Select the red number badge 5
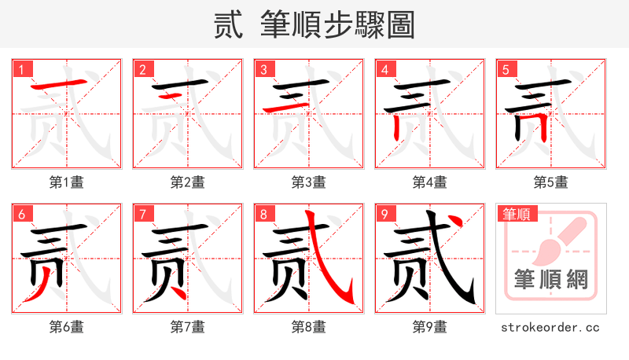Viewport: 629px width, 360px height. pos(506,69)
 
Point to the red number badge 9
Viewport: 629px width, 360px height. pos(384,214)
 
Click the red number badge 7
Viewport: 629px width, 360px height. pos(142,214)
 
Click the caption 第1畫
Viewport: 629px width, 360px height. pos(67,182)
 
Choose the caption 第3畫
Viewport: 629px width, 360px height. pos(309,182)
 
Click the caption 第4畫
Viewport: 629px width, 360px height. pos(430,182)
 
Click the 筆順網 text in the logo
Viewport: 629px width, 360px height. pos(551,279)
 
